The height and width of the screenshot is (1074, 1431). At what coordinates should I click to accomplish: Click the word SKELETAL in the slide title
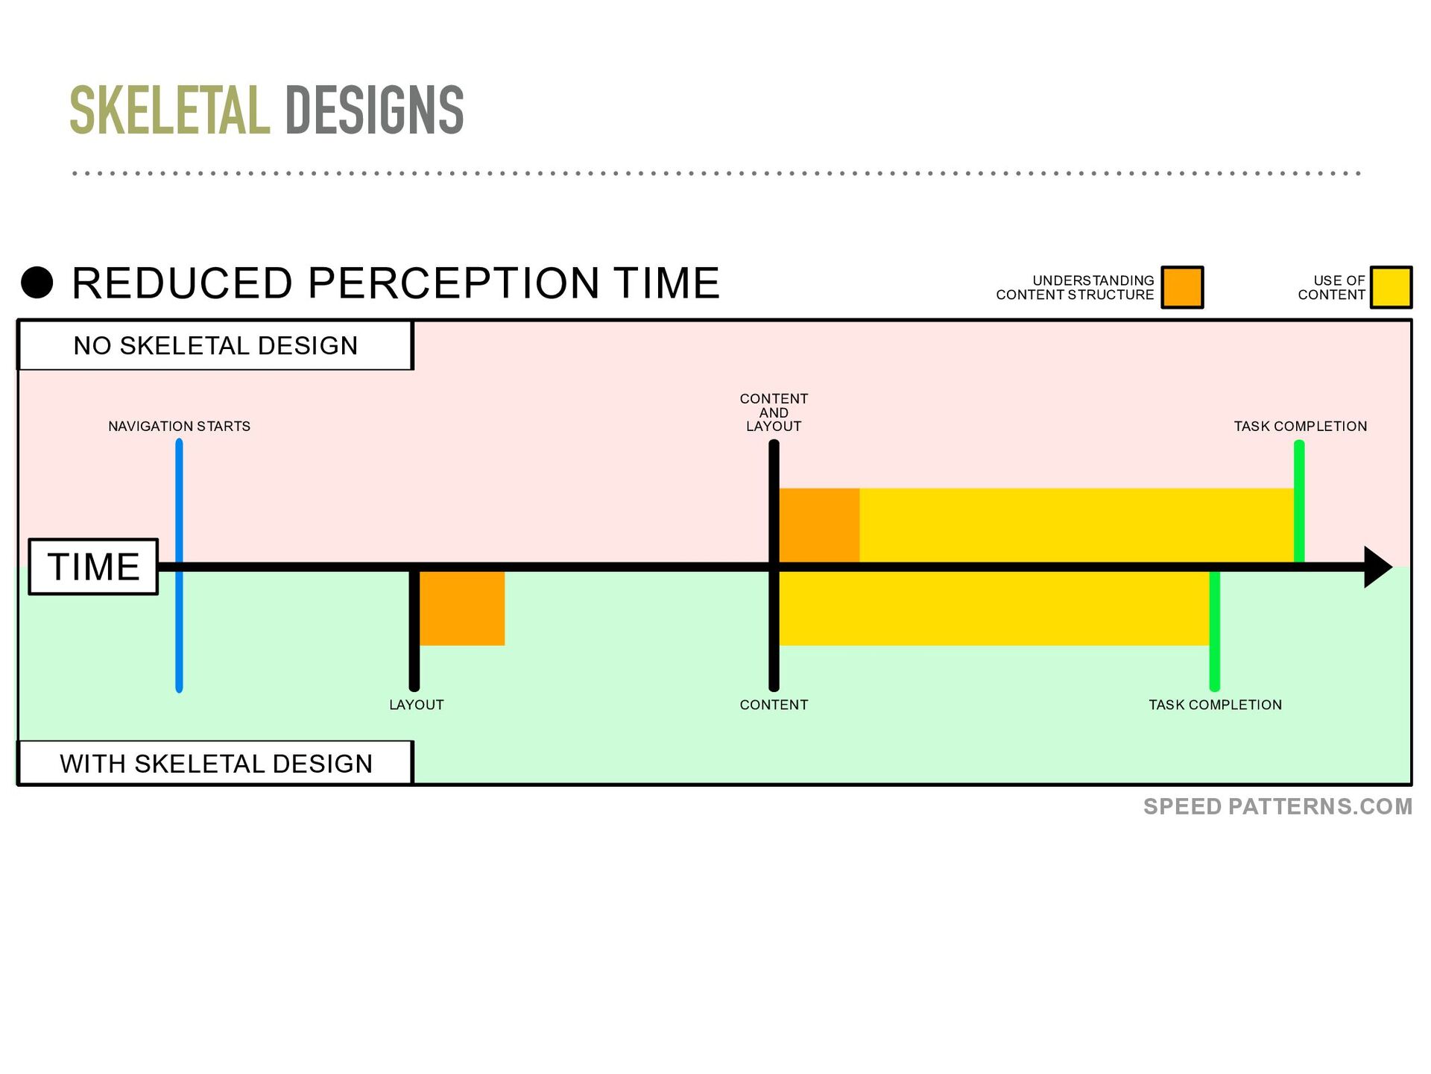click(170, 110)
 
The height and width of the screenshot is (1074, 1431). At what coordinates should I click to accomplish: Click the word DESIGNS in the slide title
click(374, 110)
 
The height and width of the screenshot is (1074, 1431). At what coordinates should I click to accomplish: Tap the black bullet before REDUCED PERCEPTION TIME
click(37, 283)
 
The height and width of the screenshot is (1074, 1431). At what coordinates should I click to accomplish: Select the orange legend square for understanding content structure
click(1183, 287)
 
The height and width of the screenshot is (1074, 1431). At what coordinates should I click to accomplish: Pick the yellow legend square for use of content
click(1391, 287)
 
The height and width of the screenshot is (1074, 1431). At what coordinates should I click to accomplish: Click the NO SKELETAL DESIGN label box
click(215, 345)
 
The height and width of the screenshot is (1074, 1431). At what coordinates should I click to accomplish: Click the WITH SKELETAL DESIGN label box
click(215, 763)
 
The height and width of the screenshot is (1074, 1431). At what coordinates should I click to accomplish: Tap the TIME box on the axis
click(93, 567)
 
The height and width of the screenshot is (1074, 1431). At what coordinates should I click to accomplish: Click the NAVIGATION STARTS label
click(179, 426)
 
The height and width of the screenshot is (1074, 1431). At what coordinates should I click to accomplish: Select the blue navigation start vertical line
click(179, 566)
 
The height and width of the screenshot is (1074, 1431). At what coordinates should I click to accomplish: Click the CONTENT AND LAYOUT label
click(774, 412)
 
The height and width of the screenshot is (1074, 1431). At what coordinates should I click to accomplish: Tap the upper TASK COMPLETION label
click(1301, 426)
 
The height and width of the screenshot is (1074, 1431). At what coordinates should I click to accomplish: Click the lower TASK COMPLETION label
click(1215, 705)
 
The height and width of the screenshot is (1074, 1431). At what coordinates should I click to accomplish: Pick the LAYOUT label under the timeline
click(417, 705)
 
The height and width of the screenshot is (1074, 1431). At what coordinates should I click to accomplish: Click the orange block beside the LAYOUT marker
click(462, 609)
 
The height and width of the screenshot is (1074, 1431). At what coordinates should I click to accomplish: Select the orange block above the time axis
click(819, 525)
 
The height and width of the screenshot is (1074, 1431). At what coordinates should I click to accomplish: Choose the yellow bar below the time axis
click(994, 609)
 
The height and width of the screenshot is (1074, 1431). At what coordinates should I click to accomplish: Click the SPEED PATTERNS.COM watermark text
click(1277, 806)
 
